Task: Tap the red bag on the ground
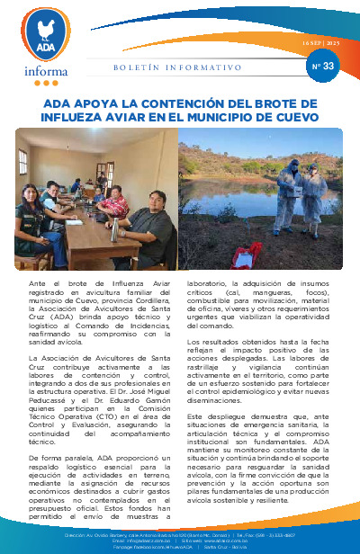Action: pos(241,255)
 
